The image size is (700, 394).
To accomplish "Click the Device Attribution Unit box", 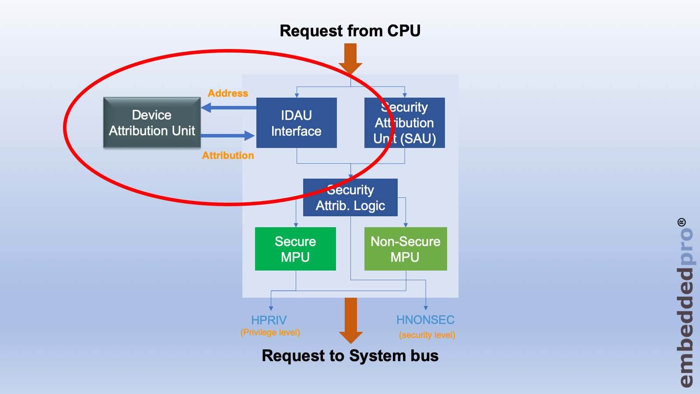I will [x=152, y=123].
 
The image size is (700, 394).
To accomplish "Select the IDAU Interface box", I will [x=296, y=123].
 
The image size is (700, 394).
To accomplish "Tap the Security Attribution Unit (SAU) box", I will [x=405, y=123].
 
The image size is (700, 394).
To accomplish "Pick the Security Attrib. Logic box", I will [x=350, y=197].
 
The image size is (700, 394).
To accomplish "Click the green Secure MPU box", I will [x=295, y=249].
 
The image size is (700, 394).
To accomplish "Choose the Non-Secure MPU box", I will [x=406, y=249].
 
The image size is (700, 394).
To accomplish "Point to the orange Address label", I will [x=228, y=93].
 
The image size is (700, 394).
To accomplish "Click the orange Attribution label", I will [x=228, y=155].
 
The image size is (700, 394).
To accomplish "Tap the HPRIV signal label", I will [x=269, y=320].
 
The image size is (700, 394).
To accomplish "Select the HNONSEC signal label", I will [x=425, y=320].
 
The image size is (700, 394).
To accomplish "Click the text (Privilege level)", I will [x=270, y=332].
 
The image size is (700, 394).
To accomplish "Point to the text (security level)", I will [x=427, y=335].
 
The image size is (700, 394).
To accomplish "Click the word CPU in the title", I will [x=404, y=31].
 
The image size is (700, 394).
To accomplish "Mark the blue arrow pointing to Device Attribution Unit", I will [x=227, y=108].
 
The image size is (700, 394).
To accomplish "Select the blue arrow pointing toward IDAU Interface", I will [x=227, y=136].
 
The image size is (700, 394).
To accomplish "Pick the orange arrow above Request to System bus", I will [x=351, y=320].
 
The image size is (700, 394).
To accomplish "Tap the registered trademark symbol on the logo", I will [x=682, y=222].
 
